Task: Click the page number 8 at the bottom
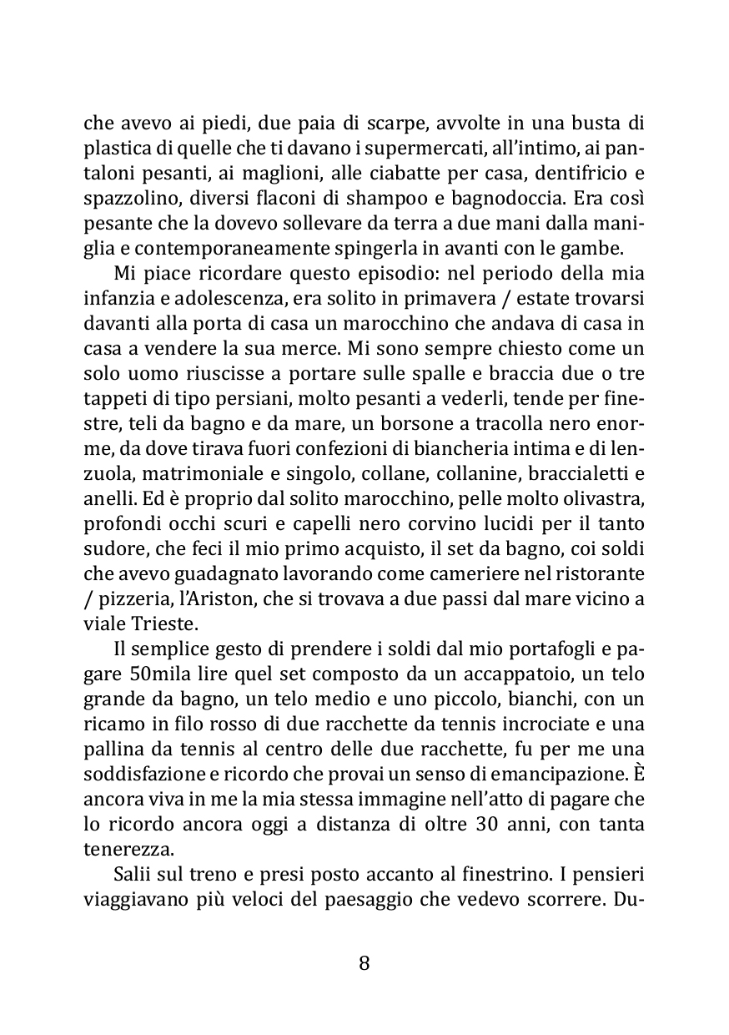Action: coord(364,962)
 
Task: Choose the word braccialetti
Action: coord(581,475)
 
